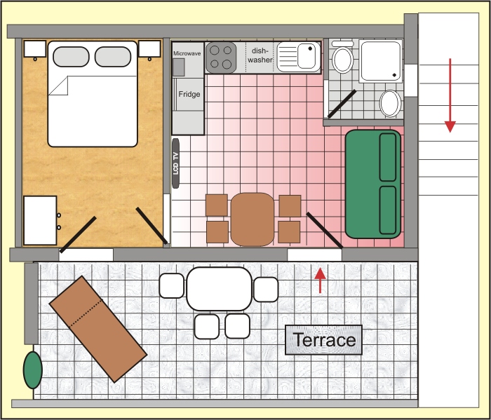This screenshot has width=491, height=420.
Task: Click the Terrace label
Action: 324,341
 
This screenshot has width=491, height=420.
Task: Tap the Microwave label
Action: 187,53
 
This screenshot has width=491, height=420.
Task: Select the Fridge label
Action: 189,94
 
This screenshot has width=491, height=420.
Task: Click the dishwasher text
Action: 260,55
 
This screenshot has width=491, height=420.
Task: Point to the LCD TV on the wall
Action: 175,163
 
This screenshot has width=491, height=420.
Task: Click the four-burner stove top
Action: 222,57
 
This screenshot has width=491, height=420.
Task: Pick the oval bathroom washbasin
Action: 390,104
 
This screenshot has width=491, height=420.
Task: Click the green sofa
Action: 373,184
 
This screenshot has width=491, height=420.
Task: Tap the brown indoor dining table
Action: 253,218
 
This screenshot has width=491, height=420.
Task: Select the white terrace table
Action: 219,288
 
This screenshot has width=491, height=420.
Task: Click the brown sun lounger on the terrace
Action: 97,327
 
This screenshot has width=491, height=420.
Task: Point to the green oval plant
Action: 32,370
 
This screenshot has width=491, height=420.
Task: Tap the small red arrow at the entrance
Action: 320,280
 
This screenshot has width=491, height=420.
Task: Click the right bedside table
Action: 149,49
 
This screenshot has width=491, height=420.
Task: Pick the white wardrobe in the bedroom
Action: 40,220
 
